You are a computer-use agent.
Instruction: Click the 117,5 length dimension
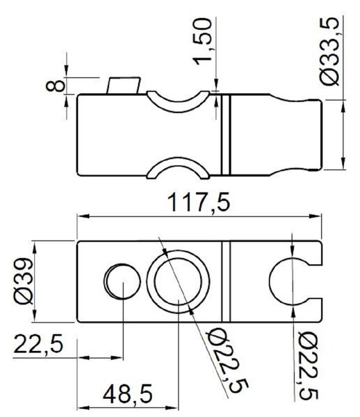pyautogui.click(x=199, y=203)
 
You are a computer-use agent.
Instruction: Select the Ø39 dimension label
pyautogui.click(x=24, y=281)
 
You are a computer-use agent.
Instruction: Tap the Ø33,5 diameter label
pyautogui.click(x=329, y=51)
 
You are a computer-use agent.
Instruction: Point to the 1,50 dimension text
pyautogui.click(x=203, y=42)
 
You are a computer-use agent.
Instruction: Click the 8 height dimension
pyautogui.click(x=56, y=86)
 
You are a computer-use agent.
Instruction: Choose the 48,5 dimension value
pyautogui.click(x=128, y=394)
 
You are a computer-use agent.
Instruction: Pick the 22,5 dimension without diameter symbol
pyautogui.click(x=38, y=344)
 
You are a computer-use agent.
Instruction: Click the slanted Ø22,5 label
pyautogui.click(x=228, y=361)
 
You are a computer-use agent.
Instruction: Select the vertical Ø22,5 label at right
pyautogui.click(x=308, y=366)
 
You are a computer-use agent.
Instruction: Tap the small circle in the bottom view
pyautogui.click(x=122, y=281)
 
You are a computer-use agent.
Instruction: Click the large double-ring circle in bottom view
pyautogui.click(x=178, y=282)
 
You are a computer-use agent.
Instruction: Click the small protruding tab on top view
pyautogui.click(x=124, y=85)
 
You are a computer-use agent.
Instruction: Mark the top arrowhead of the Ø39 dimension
pyautogui.click(x=35, y=247)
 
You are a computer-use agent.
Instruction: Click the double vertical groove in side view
pyautogui.click(x=226, y=135)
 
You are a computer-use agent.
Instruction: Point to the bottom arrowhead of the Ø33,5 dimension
pyautogui.click(x=343, y=163)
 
